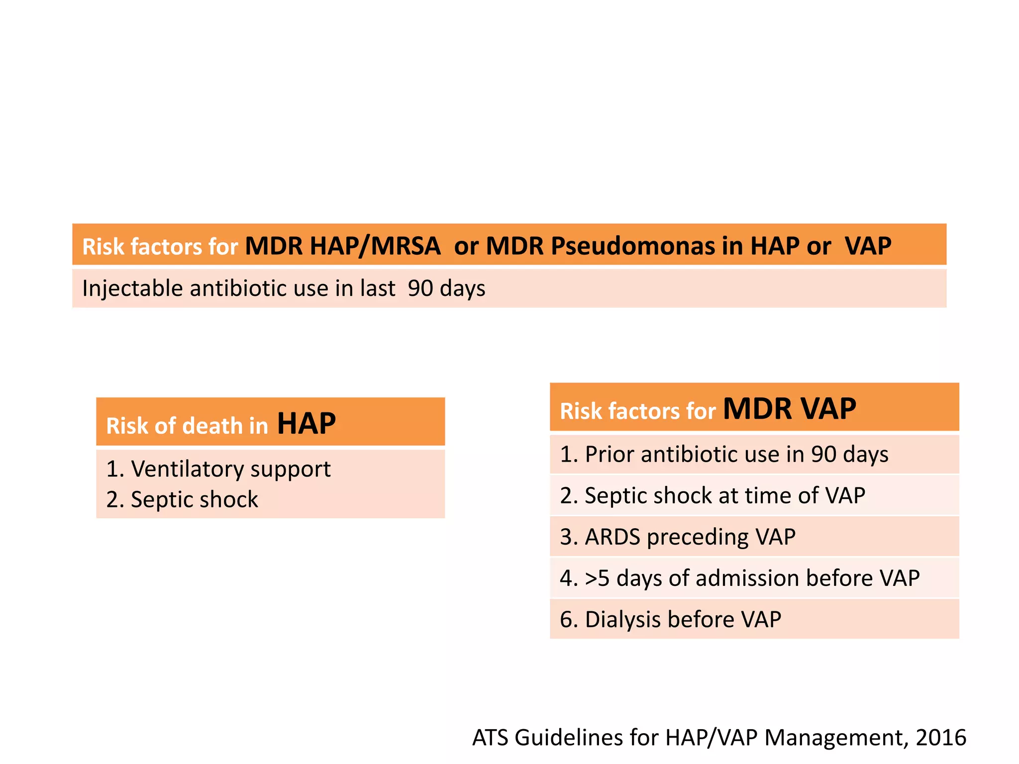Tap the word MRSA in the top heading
[x=406, y=246]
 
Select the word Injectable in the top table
[x=132, y=288]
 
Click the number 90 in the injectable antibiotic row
[x=420, y=288]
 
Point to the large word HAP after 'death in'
[x=306, y=424]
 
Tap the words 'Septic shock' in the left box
[x=194, y=499]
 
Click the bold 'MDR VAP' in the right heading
[x=789, y=409]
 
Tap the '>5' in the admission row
[x=597, y=578]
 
